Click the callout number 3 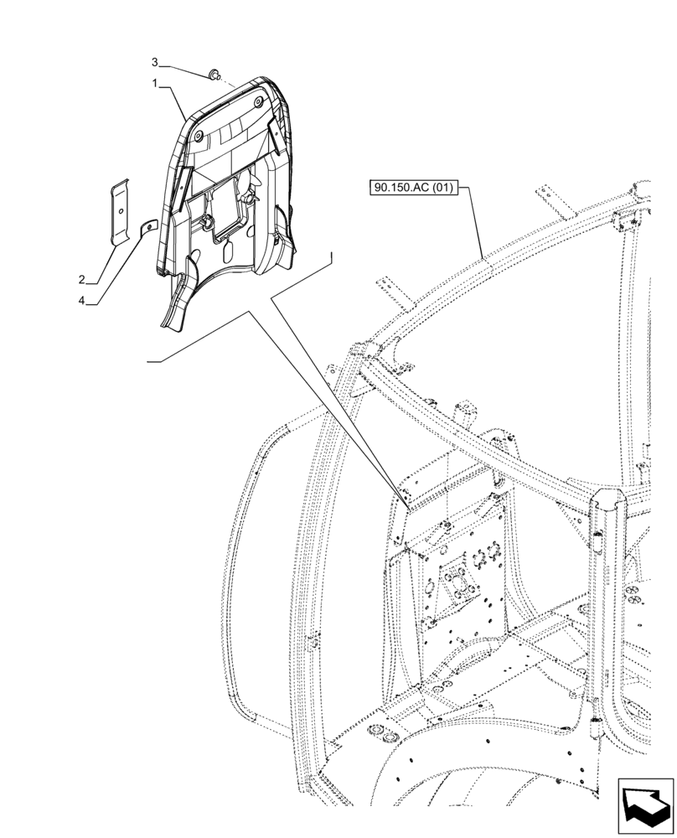click(154, 63)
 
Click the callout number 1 click(154, 84)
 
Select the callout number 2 click(82, 279)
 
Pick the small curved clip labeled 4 click(147, 227)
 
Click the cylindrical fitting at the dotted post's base click(596, 730)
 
